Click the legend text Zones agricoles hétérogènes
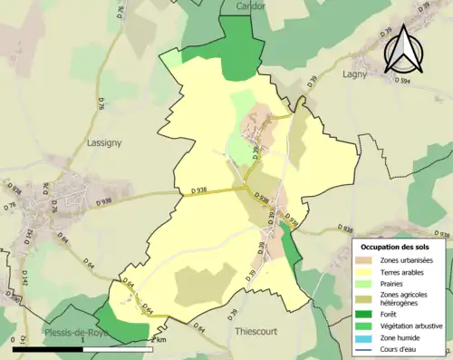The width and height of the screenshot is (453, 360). [404, 298]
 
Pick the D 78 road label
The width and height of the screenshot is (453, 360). [10, 207]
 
